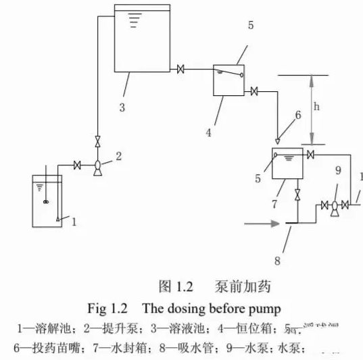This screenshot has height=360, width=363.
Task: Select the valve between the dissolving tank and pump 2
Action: (x=78, y=165)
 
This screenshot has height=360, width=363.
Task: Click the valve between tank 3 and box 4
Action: (x=180, y=69)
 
